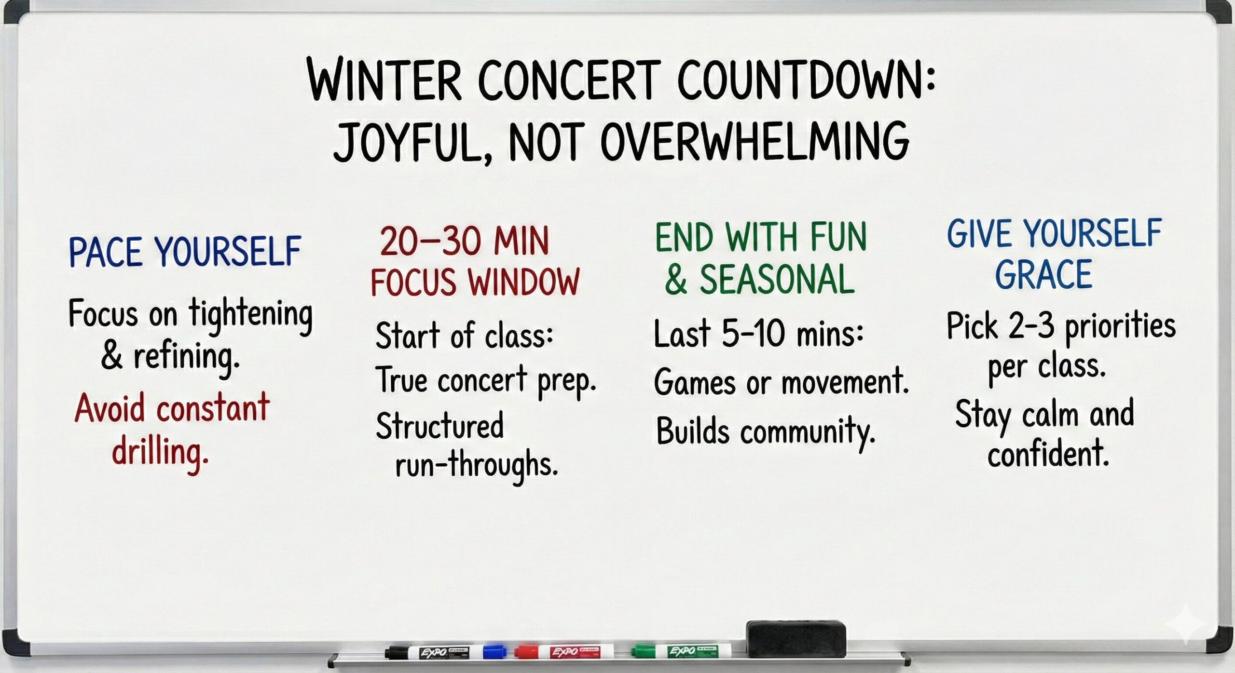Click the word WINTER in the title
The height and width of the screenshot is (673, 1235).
click(384, 80)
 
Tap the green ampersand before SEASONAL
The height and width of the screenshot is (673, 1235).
click(675, 280)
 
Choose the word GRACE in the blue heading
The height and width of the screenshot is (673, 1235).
click(1043, 274)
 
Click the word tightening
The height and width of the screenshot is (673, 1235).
click(250, 315)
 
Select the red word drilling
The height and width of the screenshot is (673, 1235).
click(160, 453)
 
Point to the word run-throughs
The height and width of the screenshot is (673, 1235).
click(476, 465)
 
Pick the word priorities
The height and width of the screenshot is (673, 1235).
click(1120, 327)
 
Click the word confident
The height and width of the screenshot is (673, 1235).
click(1048, 453)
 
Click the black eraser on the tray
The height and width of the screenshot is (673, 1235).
click(796, 638)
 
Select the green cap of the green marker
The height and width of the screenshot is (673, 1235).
click(643, 652)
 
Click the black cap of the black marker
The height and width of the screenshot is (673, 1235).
click(397, 653)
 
